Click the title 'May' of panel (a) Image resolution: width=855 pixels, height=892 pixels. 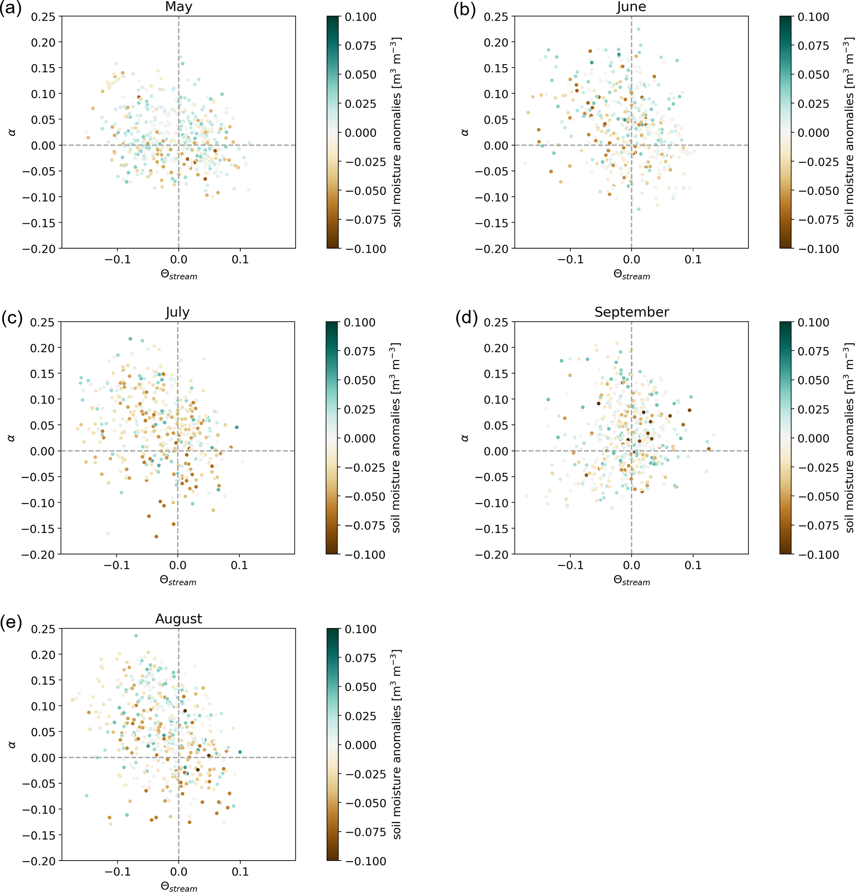click(x=178, y=7)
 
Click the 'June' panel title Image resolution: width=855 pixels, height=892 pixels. click(x=631, y=7)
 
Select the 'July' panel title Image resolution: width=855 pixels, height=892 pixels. click(x=177, y=312)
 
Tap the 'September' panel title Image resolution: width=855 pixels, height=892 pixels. click(x=632, y=312)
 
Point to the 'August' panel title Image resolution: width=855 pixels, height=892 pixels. click(x=178, y=619)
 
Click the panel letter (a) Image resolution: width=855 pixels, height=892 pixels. click(x=10, y=9)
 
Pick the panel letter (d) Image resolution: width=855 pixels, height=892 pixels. click(x=467, y=317)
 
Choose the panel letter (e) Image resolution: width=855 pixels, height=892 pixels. click(x=11, y=622)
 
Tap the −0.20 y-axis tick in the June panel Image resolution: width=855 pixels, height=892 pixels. click(x=491, y=249)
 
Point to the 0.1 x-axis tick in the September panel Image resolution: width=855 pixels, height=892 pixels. click(x=692, y=565)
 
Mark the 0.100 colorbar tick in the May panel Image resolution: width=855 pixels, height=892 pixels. click(x=360, y=17)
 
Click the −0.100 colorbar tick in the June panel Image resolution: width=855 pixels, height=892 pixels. click(x=818, y=249)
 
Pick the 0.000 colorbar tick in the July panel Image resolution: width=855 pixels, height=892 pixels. click(x=359, y=438)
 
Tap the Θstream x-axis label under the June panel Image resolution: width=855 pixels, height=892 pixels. click(x=632, y=274)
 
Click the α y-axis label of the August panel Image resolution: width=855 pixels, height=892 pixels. click(x=12, y=745)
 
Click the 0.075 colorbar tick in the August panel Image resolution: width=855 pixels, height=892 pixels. click(x=360, y=658)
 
